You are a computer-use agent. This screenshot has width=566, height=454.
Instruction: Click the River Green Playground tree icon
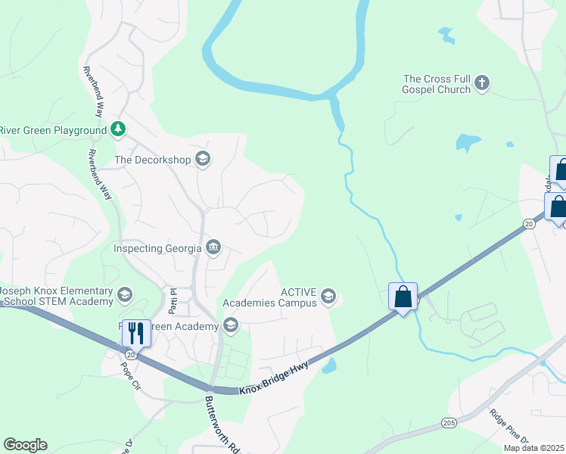pos(117,129)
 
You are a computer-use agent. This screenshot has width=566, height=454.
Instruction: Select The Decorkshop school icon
pos(202,159)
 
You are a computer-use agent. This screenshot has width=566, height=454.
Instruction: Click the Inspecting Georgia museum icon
pos(213,247)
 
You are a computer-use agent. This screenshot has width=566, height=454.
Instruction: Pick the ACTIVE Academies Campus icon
pos(328,297)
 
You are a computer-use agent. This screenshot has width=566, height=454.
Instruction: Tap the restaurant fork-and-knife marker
pos(136,332)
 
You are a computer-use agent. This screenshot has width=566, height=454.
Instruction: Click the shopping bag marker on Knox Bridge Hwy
pos(403,296)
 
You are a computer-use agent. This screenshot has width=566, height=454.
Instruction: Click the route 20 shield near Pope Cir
pos(131,353)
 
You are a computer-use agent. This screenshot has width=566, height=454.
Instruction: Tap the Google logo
pos(25,445)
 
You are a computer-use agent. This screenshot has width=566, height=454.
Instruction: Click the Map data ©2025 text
pos(533,448)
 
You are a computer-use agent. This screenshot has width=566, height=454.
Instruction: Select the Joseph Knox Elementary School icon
pos(125,295)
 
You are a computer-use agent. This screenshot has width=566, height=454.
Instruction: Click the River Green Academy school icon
pos(231,326)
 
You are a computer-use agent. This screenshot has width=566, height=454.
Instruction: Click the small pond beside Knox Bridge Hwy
pos(329,366)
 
